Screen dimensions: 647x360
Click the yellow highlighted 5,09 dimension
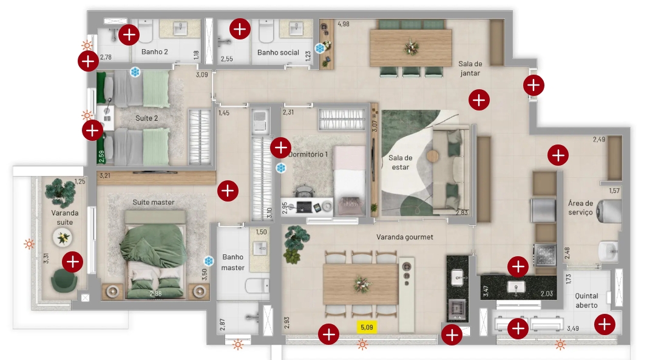click(x=367, y=327)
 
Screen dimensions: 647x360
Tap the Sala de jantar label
click(x=470, y=69)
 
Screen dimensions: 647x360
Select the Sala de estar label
click(x=400, y=162)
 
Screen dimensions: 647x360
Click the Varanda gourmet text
click(x=404, y=237)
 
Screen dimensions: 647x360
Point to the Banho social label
click(x=278, y=52)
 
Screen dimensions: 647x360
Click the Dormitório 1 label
click(x=309, y=154)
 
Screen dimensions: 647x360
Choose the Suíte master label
click(x=154, y=202)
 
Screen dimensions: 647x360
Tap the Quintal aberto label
click(x=586, y=301)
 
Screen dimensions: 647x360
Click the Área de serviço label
click(x=581, y=208)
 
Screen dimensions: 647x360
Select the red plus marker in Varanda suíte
click(x=73, y=262)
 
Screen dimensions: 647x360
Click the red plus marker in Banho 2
click(x=129, y=35)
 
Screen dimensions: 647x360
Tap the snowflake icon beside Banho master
click(x=209, y=261)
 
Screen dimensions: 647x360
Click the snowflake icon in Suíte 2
click(x=135, y=72)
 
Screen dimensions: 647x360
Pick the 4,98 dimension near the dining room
click(x=344, y=24)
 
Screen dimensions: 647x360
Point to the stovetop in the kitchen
click(x=544, y=255)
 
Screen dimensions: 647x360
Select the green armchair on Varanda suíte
click(x=64, y=280)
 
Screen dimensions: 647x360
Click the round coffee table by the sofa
click(x=433, y=155)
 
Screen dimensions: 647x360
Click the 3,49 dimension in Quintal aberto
click(x=573, y=328)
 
